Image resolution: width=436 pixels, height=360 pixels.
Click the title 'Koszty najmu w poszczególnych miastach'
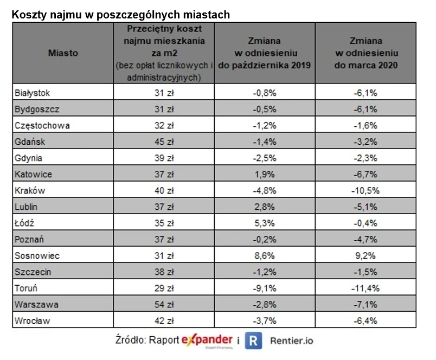[x=121, y=15]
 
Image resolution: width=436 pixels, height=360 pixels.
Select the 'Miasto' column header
[x=63, y=53]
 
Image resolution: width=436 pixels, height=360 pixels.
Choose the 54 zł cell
[x=164, y=304]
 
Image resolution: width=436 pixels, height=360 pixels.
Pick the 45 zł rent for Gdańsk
[x=164, y=142]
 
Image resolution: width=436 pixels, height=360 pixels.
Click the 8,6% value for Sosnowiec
[x=265, y=255]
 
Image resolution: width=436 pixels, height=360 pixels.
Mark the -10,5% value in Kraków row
[x=366, y=190]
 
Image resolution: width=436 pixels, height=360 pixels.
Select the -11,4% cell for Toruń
[x=366, y=288]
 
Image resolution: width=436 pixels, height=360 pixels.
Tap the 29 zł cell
[x=164, y=288]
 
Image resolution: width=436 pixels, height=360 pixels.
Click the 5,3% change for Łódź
[x=265, y=223]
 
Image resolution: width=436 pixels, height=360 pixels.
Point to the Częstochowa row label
[x=42, y=125]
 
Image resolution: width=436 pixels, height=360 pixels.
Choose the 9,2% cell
[x=366, y=255]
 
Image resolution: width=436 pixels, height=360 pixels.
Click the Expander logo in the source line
[x=208, y=340]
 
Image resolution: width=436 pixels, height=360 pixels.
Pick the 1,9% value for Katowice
[x=265, y=174]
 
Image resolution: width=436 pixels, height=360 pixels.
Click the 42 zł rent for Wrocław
[x=164, y=320]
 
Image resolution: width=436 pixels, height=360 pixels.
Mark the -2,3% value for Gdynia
[x=366, y=158]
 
